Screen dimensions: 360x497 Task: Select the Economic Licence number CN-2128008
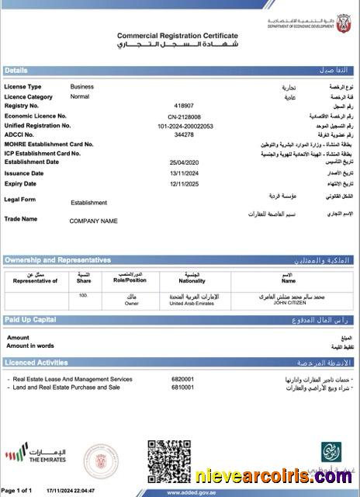tap(184, 116)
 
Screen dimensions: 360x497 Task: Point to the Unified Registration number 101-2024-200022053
tap(184, 125)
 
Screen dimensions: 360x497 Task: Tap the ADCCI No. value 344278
tap(184, 134)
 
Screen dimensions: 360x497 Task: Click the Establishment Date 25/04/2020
tap(184, 162)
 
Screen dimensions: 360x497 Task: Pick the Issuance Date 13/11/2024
tap(184, 173)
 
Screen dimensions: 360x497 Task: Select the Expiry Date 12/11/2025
tap(184, 184)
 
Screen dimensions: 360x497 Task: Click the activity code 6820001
tap(182, 379)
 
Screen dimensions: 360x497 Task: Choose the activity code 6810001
tap(182, 387)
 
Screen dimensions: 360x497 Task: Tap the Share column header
tap(84, 280)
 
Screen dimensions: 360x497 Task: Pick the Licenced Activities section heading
tap(36, 363)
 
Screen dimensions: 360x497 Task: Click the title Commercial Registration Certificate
tap(178, 36)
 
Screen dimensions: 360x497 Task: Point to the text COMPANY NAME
tap(93, 221)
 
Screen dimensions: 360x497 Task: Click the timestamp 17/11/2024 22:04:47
tap(71, 491)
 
